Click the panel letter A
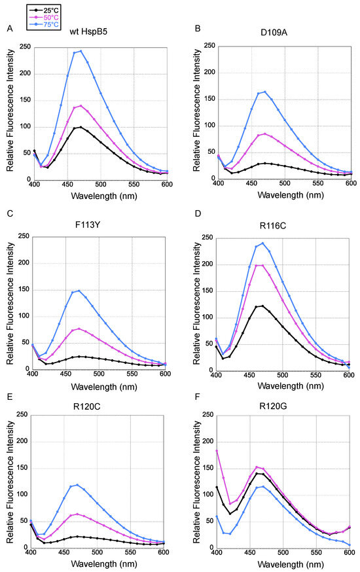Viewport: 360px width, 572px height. point(9,27)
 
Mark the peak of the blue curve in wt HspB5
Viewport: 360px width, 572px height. point(80,50)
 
